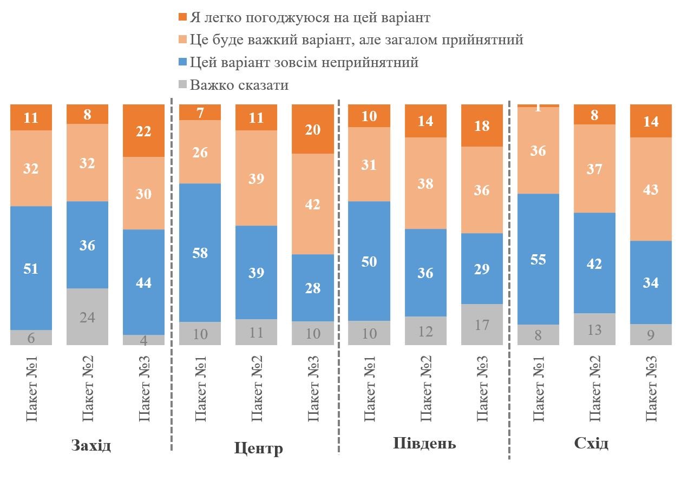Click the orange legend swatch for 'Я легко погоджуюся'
click(182, 17)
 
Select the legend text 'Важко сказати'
click(239, 85)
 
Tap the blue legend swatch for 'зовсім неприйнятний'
click(182, 62)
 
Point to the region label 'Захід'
click(91, 446)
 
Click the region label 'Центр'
click(258, 448)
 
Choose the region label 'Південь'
click(424, 444)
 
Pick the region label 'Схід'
click(591, 444)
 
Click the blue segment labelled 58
click(200, 253)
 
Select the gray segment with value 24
click(88, 316)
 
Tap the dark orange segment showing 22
click(144, 130)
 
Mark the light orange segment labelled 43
click(651, 189)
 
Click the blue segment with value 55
click(539, 259)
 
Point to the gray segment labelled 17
click(482, 325)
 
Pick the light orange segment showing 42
click(313, 204)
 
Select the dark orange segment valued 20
click(313, 129)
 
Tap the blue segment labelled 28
click(313, 288)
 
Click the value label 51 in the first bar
click(31, 268)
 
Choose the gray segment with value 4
click(144, 340)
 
